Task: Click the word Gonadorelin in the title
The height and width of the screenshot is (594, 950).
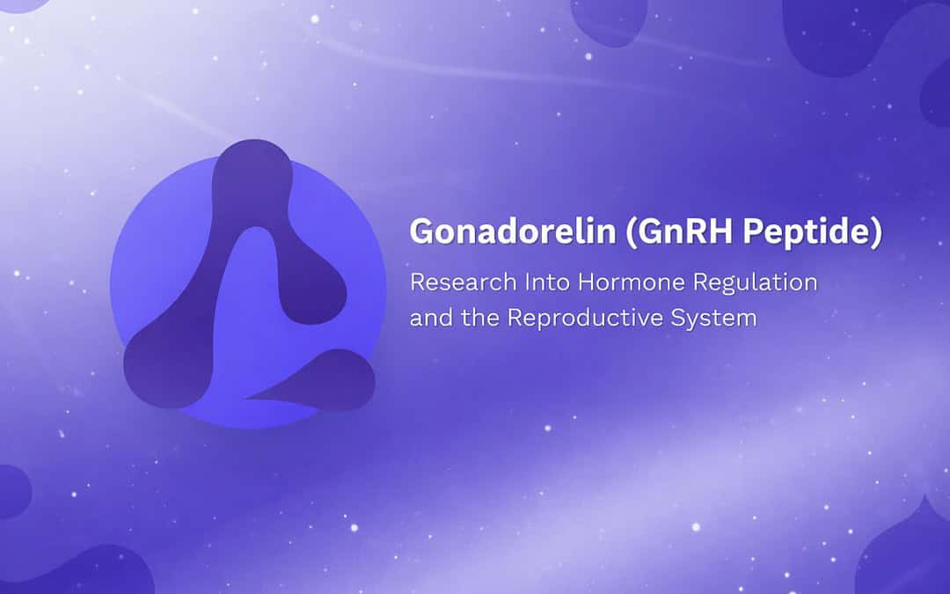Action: pyautogui.click(x=513, y=231)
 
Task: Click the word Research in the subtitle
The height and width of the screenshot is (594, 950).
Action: pyautogui.click(x=463, y=282)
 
